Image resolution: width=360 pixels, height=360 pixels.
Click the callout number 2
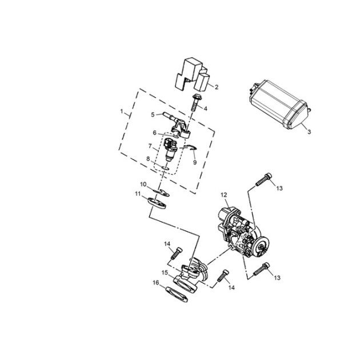(216, 87)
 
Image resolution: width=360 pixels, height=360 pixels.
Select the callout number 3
(309, 132)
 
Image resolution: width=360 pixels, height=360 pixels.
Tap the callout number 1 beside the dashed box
(122, 111)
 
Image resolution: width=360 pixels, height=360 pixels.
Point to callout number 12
(224, 195)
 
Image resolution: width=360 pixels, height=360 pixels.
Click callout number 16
(156, 283)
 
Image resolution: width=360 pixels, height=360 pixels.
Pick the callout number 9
(195, 162)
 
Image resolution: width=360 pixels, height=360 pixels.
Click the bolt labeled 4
(195, 102)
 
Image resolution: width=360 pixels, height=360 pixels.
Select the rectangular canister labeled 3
(279, 105)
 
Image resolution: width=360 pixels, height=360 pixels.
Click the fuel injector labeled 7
(170, 150)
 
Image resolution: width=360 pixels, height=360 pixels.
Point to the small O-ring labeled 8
(165, 169)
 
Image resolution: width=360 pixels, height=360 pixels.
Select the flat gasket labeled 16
(177, 294)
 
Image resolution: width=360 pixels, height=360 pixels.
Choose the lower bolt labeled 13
(261, 269)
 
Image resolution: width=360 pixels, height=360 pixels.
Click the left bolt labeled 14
(177, 253)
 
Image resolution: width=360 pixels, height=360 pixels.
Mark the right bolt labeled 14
(223, 275)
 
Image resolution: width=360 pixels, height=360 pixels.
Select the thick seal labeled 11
(157, 203)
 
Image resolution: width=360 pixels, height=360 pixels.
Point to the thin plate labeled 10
(161, 193)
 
